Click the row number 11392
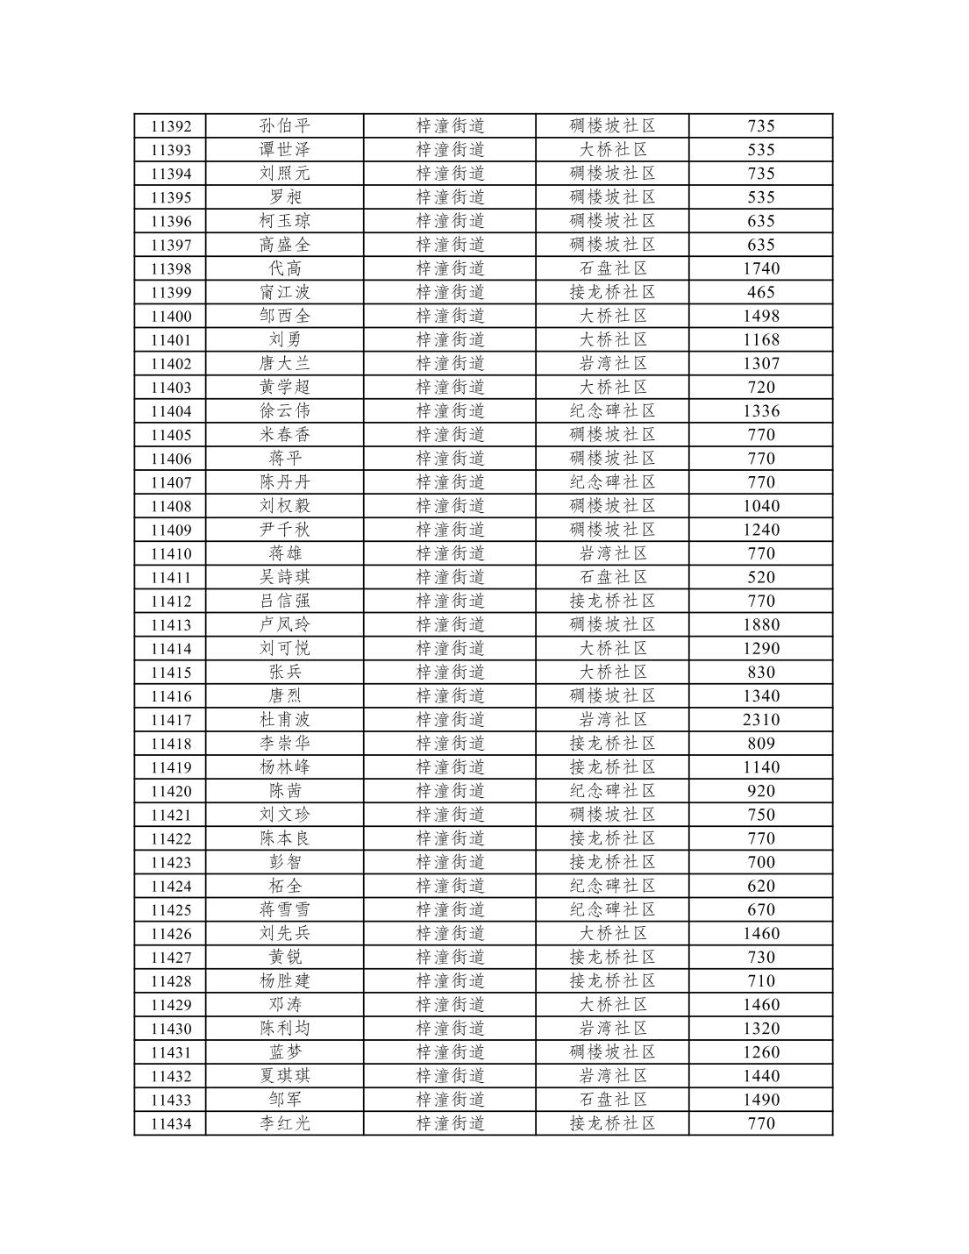tap(171, 126)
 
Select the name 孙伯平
tap(285, 126)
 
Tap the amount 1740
tap(760, 268)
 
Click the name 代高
tap(285, 268)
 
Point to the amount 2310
tap(760, 720)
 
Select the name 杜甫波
tap(285, 720)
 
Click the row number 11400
tap(171, 317)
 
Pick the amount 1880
tap(760, 625)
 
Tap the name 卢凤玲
tap(285, 625)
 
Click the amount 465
tap(760, 293)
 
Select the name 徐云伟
tap(285, 411)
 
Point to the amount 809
tap(760, 744)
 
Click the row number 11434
tap(171, 1123)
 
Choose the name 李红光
tap(285, 1123)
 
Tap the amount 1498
tap(760, 317)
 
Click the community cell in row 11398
tap(612, 268)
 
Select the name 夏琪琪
tap(285, 1076)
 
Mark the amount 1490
tap(760, 1100)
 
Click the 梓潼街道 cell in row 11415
tap(450, 673)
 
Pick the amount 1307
tap(760, 364)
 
